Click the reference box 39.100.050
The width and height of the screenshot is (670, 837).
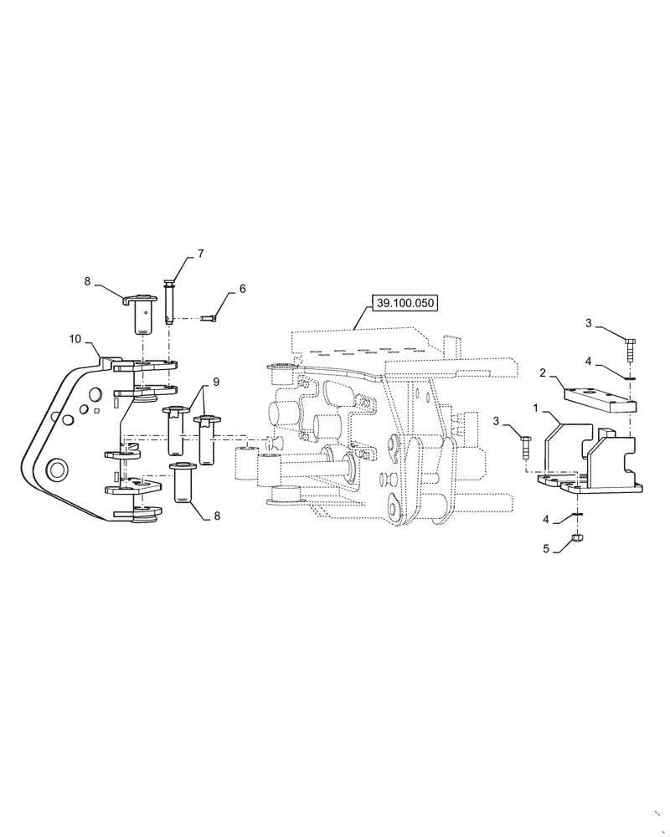click(x=406, y=303)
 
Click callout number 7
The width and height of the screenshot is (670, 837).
click(x=200, y=252)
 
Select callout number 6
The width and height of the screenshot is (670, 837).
click(x=242, y=289)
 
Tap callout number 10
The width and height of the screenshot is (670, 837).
click(x=75, y=339)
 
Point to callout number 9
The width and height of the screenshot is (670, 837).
click(x=216, y=382)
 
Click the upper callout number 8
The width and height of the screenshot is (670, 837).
click(x=87, y=283)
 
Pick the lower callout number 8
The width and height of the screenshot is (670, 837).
click(x=219, y=516)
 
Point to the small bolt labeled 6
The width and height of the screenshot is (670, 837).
click(x=210, y=317)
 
